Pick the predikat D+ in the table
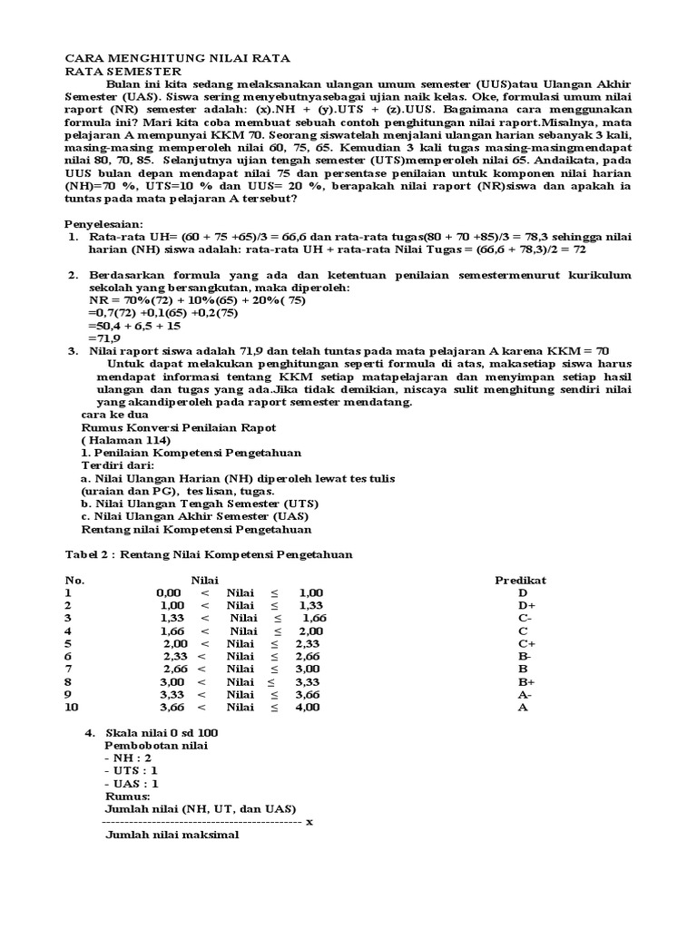(525, 605)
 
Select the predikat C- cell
(525, 618)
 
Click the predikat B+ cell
(525, 681)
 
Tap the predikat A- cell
(525, 694)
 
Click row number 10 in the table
(71, 707)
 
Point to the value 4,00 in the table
(308, 707)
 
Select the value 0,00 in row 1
(169, 592)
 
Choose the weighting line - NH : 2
(130, 758)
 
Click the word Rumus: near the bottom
(127, 796)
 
